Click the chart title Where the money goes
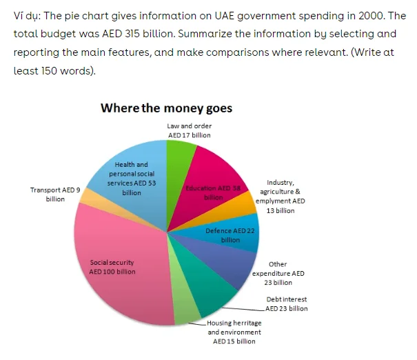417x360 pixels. coord(166,108)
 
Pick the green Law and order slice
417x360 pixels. coord(181,155)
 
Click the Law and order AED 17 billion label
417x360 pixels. coord(190,130)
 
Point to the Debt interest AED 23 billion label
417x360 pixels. coord(286,304)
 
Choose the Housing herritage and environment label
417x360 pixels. coord(232,332)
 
